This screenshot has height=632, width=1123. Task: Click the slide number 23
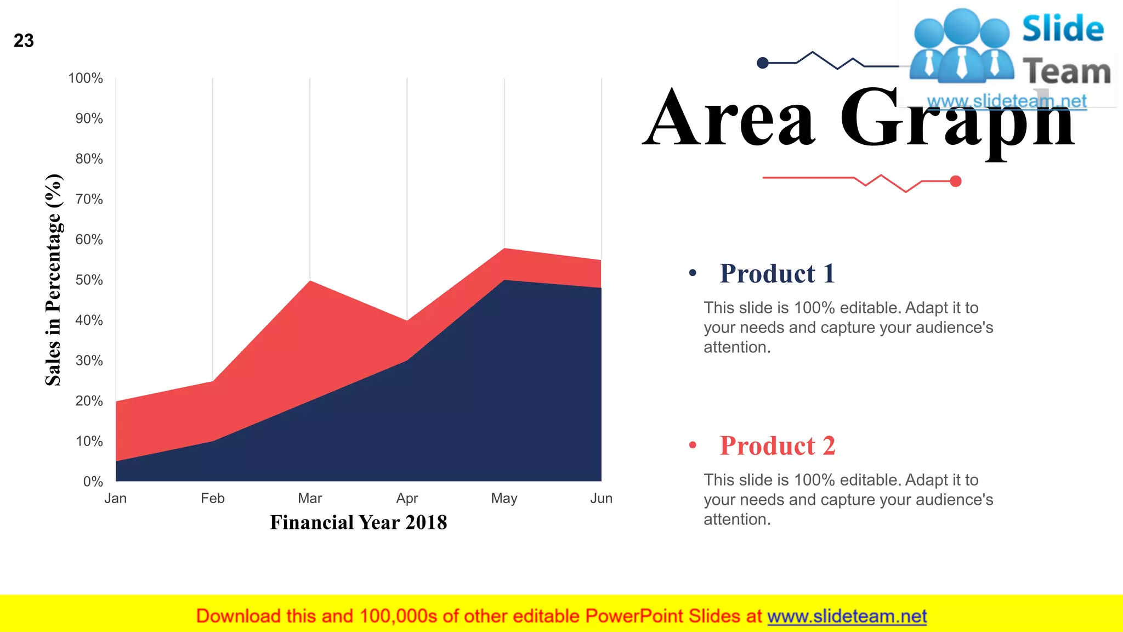(x=24, y=41)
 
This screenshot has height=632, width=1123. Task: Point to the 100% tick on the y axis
(x=86, y=78)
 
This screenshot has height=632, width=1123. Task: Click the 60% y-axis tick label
(x=89, y=239)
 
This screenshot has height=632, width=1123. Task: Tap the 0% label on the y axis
(x=93, y=482)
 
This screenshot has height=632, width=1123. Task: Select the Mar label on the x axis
(x=310, y=498)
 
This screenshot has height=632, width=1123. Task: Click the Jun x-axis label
(x=601, y=498)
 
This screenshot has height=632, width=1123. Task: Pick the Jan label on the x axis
(x=116, y=498)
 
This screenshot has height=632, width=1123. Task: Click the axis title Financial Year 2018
(x=359, y=522)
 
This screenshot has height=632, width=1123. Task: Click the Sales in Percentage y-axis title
(x=53, y=280)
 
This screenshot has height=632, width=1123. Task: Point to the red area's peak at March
(x=310, y=282)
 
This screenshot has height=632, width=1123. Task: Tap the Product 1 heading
(x=777, y=273)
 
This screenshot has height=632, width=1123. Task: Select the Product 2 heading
(x=777, y=445)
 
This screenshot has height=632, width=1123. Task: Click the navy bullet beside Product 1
(x=693, y=273)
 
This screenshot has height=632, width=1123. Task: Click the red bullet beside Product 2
(x=693, y=445)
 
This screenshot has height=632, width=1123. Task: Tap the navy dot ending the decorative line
(x=762, y=63)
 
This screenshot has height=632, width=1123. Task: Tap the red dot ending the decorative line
(x=956, y=181)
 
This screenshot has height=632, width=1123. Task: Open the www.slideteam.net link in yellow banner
(x=847, y=616)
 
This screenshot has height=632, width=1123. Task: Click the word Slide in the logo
(x=1063, y=29)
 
